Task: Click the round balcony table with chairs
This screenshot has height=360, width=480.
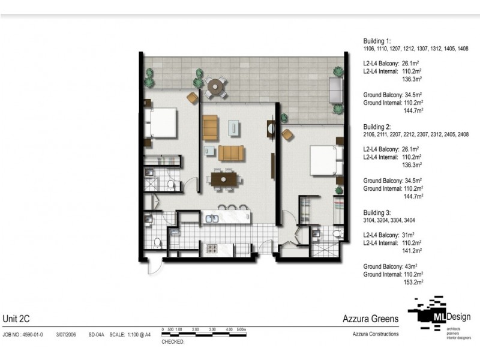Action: pyautogui.click(x=215, y=88)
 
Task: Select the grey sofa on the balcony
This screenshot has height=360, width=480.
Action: pyautogui.click(x=336, y=91)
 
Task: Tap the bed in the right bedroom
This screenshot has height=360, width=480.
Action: pyautogui.click(x=324, y=161)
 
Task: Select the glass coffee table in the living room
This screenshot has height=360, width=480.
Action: pyautogui.click(x=233, y=128)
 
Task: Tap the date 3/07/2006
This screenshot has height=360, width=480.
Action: pyautogui.click(x=66, y=334)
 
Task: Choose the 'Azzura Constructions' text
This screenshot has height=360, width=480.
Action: pyautogui.click(x=375, y=334)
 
